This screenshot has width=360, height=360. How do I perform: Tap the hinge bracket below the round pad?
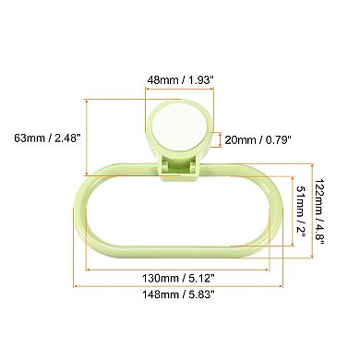tap(181, 168)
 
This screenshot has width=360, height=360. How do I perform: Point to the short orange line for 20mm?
tap(218, 139)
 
